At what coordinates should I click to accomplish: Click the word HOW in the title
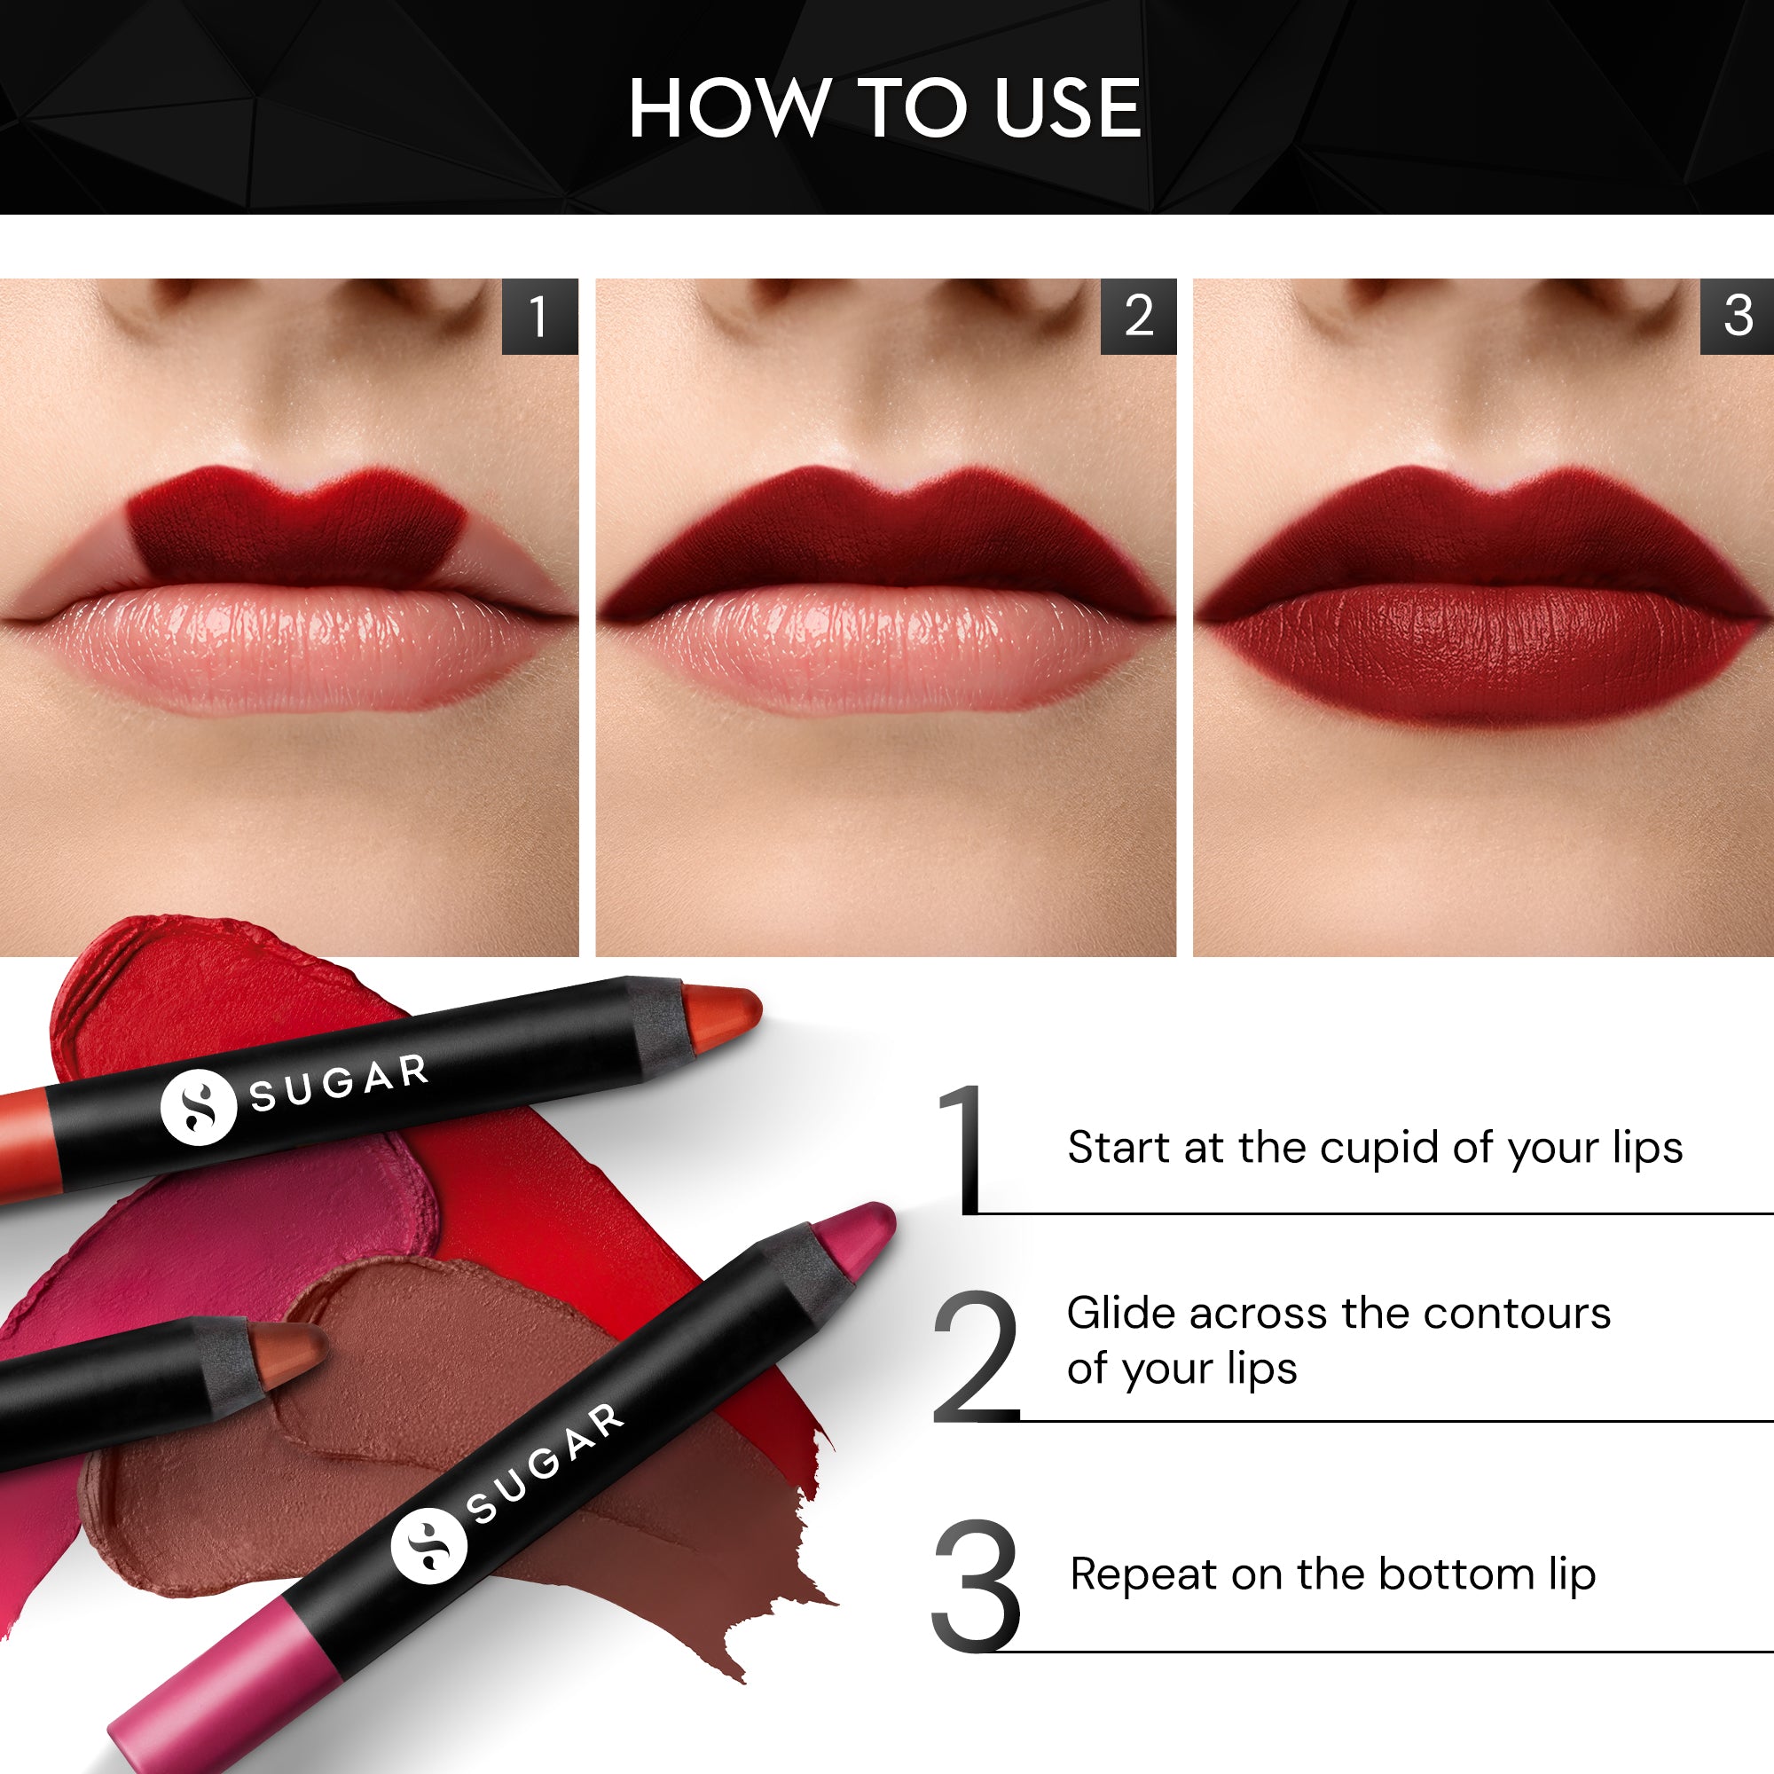[728, 108]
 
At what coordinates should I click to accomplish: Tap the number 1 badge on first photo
[539, 316]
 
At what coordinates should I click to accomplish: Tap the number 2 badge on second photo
[1139, 316]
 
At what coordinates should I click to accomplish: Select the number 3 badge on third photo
[1738, 316]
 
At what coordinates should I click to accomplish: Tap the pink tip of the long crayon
[859, 1235]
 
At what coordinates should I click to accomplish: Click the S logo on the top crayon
[199, 1107]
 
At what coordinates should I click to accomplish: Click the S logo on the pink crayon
[428, 1545]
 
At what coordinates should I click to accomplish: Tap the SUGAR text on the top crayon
[340, 1084]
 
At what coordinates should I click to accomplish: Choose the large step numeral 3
[975, 1586]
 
